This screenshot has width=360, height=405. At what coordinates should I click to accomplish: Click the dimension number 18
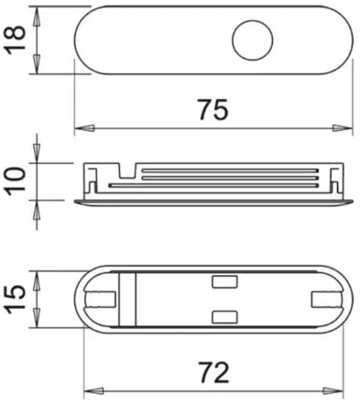click(x=15, y=39)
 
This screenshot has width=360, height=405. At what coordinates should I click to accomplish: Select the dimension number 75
click(x=213, y=109)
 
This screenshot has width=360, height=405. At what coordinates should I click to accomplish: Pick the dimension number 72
click(x=213, y=372)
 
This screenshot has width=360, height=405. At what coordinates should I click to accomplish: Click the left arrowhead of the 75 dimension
click(x=84, y=128)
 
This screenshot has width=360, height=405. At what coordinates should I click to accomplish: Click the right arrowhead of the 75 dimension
click(x=343, y=128)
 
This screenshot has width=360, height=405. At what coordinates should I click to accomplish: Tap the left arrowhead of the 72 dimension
click(x=93, y=390)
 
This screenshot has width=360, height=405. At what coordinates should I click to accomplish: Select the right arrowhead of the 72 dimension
click(x=333, y=390)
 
